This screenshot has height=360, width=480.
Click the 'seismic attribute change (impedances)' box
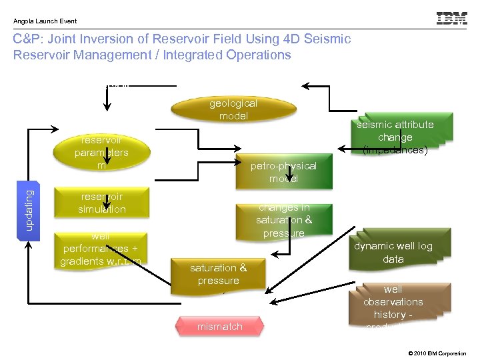(x=395, y=137)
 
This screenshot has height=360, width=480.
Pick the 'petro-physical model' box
(x=283, y=172)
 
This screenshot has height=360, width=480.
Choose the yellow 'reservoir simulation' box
(x=101, y=203)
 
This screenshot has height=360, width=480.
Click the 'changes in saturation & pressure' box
(x=283, y=220)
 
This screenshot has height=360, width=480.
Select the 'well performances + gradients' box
(x=101, y=249)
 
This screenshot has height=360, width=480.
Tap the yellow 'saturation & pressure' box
(x=218, y=274)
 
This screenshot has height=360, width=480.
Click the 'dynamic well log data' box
(x=393, y=252)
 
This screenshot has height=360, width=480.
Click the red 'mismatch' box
(x=220, y=327)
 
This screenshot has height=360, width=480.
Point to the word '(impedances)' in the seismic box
(x=395, y=150)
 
